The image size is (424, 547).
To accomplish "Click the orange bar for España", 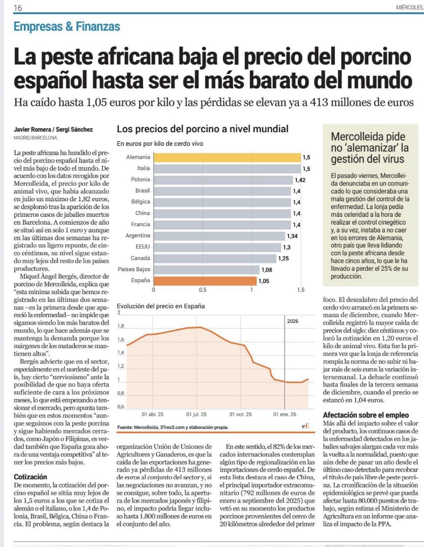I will pyautogui.click(x=205, y=281).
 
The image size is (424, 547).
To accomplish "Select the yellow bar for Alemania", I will pyautogui.click(x=227, y=157).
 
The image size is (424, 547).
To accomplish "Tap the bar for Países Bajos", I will pyautogui.click(x=207, y=270).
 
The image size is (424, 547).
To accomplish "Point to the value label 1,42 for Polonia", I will pyautogui.click(x=300, y=180).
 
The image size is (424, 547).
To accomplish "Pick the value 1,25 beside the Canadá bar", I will pyautogui.click(x=283, y=258).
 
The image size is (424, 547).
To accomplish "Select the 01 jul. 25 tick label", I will pyautogui.click(x=196, y=414).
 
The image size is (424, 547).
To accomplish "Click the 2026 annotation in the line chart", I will pyautogui.click(x=293, y=321).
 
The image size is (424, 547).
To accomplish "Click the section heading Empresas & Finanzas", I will pyautogui.click(x=67, y=27).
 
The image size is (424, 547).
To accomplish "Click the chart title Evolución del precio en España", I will pyautogui.click(x=161, y=306).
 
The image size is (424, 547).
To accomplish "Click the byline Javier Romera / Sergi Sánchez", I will pyautogui.click(x=53, y=130).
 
